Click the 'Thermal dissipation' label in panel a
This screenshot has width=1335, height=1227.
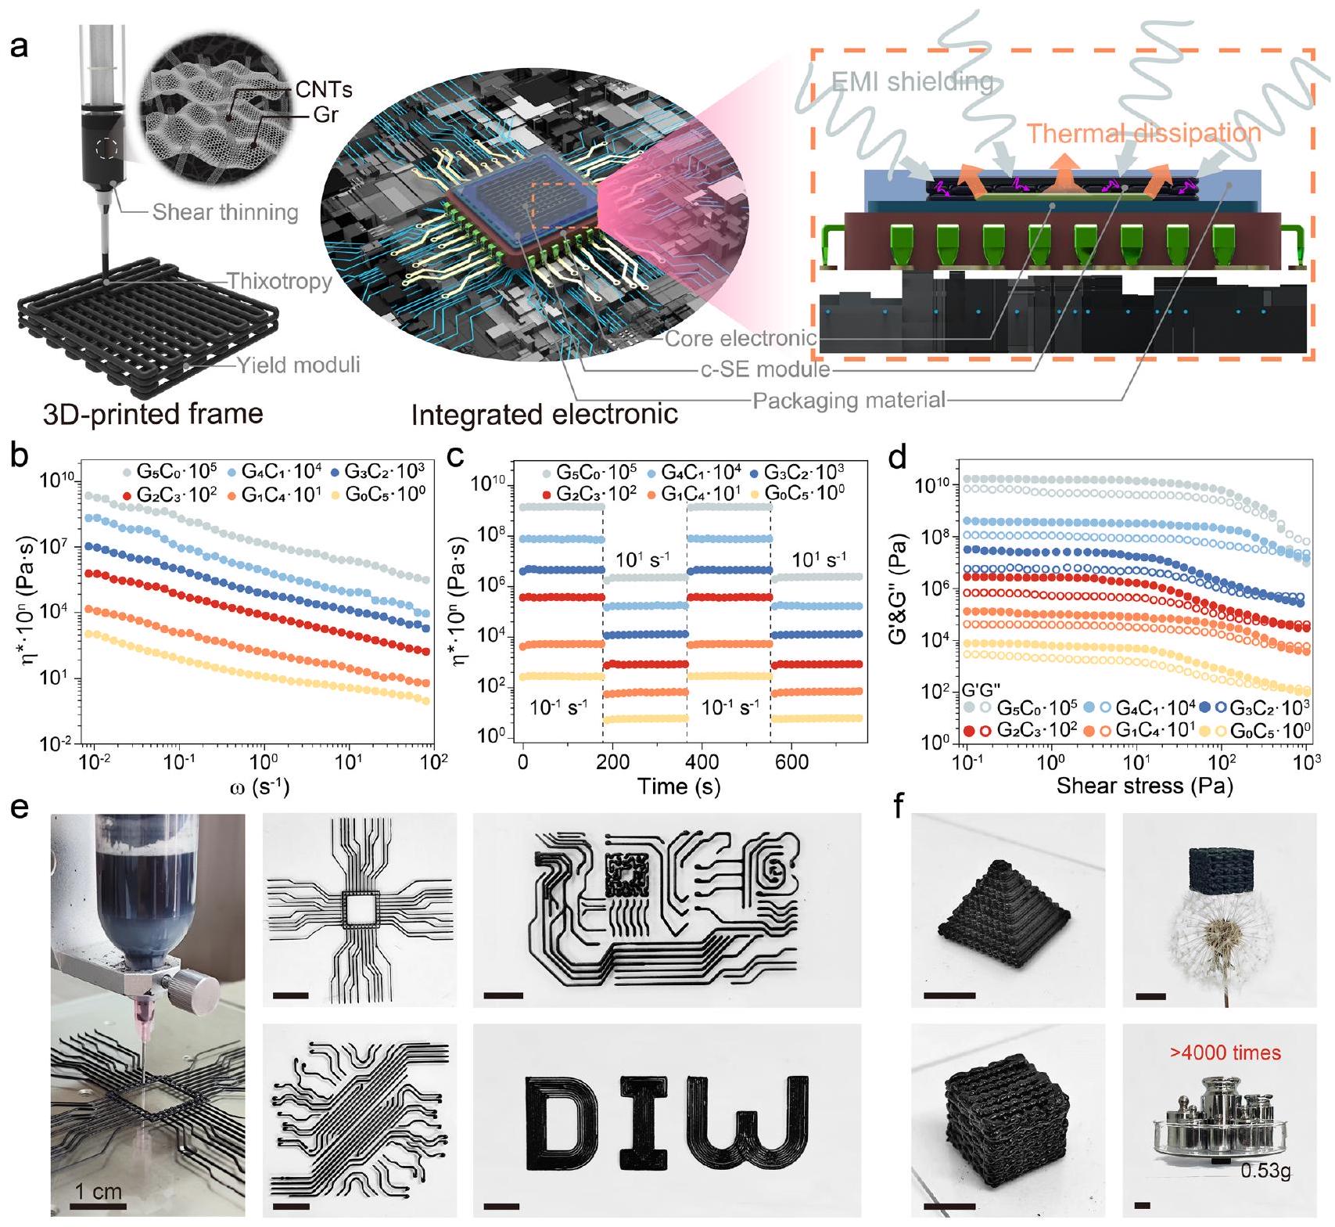[x=1143, y=133]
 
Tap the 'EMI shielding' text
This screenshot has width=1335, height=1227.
[x=913, y=81]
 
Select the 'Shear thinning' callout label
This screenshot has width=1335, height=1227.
[x=225, y=212]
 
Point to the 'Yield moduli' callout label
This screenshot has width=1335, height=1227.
[x=298, y=364]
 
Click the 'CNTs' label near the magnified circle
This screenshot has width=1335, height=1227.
[x=324, y=90]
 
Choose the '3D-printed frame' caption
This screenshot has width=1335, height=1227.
[x=153, y=412]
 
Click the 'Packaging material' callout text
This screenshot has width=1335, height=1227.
[x=849, y=401]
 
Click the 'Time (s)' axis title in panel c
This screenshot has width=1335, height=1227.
[x=679, y=786]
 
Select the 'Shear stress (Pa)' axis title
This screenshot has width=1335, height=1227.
[x=1144, y=786]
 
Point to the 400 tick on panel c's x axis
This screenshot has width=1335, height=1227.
[x=702, y=762]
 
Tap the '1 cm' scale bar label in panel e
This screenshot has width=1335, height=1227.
[x=99, y=1192]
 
